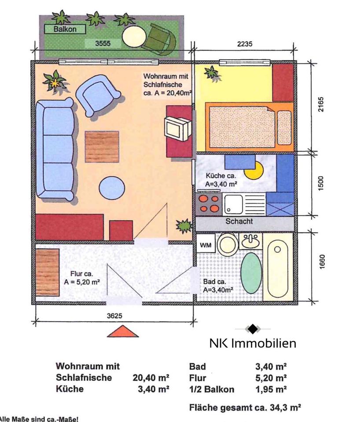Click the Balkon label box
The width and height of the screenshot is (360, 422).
coord(65,29)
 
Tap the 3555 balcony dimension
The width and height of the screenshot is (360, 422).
coord(103,44)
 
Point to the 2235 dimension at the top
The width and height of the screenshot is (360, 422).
coord(245,44)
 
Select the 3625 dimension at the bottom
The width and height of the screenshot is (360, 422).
coord(114,316)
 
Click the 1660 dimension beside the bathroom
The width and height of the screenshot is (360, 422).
coord(322,262)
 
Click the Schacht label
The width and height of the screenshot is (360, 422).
coord(239,221)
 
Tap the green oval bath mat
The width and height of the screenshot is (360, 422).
coord(251,273)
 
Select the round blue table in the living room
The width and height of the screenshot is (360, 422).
coord(112,188)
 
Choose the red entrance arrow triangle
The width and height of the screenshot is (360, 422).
coord(123,331)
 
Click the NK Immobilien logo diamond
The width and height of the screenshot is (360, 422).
coord(253,329)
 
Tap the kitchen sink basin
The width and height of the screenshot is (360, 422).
coord(234,204)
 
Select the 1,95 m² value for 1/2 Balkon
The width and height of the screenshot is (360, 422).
coord(271,389)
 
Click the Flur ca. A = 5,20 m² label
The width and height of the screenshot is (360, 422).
coord(82,278)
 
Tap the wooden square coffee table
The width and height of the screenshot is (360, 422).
coord(102,147)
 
